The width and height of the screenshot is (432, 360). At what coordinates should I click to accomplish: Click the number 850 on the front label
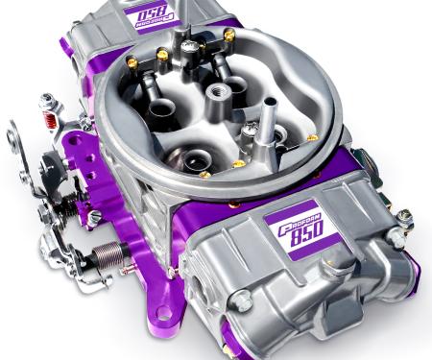pyautogui.click(x=309, y=233)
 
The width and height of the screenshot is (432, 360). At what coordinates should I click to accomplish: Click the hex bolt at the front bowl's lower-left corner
pyautogui.click(x=244, y=303)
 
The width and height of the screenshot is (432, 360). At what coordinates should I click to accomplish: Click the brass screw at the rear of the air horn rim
pyautogui.click(x=229, y=36)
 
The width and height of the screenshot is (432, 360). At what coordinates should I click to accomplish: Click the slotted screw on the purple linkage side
pyautogui.click(x=94, y=217)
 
